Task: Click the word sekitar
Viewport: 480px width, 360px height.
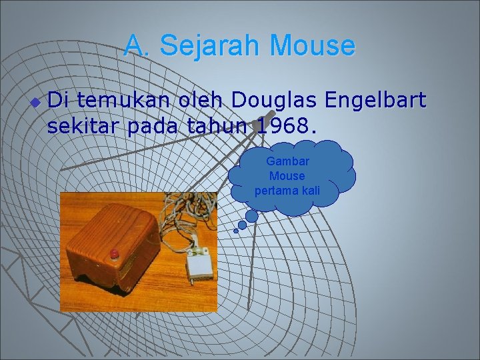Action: pyautogui.click(x=84, y=126)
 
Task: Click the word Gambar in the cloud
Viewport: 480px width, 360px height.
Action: pyautogui.click(x=287, y=161)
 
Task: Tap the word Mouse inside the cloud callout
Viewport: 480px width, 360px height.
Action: pyautogui.click(x=287, y=176)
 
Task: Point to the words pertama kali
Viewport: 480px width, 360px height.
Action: pyautogui.click(x=287, y=191)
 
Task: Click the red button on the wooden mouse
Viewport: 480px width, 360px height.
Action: pyautogui.click(x=114, y=253)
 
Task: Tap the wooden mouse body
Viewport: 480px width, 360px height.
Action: pyautogui.click(x=110, y=237)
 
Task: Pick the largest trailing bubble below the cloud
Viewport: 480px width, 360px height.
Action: pyautogui.click(x=251, y=216)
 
